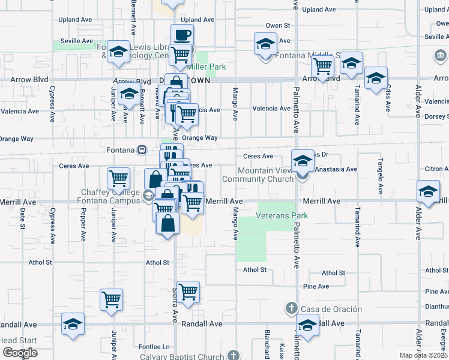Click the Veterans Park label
282,215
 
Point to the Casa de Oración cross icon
291,308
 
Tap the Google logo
20,353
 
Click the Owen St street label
278,26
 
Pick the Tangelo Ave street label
380,176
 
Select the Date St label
23,218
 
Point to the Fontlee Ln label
154,347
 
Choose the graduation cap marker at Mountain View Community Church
303,161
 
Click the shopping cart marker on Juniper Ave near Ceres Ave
118,178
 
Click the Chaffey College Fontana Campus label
110,196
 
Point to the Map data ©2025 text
423,355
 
